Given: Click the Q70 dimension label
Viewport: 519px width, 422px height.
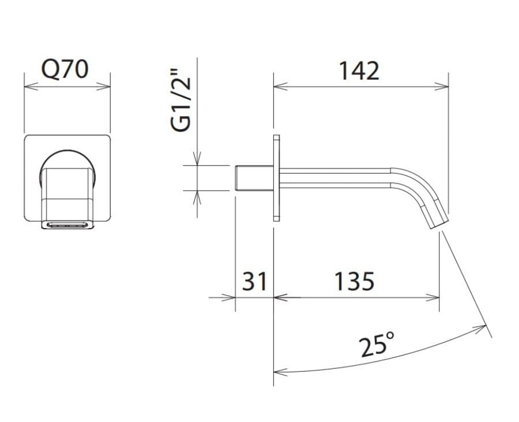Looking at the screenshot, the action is pyautogui.click(x=65, y=70).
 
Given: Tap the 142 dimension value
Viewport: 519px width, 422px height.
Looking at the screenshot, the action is pyautogui.click(x=359, y=71).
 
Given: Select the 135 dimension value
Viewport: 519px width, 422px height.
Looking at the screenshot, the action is pyautogui.click(x=354, y=281).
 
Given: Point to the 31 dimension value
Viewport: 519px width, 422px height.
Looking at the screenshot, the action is pyautogui.click(x=254, y=281).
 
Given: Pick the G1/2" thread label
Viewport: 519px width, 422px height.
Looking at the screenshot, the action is pyautogui.click(x=181, y=100).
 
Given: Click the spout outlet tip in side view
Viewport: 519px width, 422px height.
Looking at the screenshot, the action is pyautogui.click(x=439, y=225).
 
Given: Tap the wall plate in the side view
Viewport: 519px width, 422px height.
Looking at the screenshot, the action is pyautogui.click(x=276, y=178).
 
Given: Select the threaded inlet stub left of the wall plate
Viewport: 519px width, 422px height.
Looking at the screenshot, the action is pyautogui.click(x=254, y=178).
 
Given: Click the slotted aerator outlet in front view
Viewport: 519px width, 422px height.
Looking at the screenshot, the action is pyautogui.click(x=67, y=225).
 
